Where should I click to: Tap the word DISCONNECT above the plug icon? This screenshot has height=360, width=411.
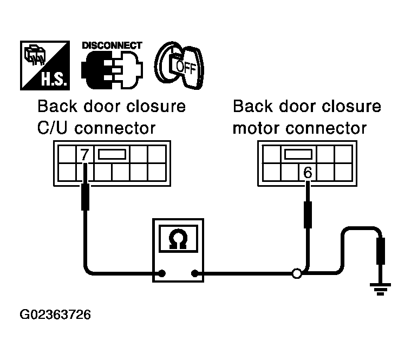(x=112, y=45)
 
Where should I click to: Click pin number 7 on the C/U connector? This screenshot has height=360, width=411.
(x=84, y=155)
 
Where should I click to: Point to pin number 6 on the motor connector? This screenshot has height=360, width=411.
(x=308, y=173)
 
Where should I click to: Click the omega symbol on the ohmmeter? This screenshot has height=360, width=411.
(x=178, y=239)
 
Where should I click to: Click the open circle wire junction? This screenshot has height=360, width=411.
(x=296, y=274)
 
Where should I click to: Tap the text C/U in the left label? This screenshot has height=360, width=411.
(x=52, y=129)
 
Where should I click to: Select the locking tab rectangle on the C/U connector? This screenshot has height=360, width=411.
(x=111, y=154)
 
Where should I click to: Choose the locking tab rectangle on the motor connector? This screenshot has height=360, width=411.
(x=297, y=154)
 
